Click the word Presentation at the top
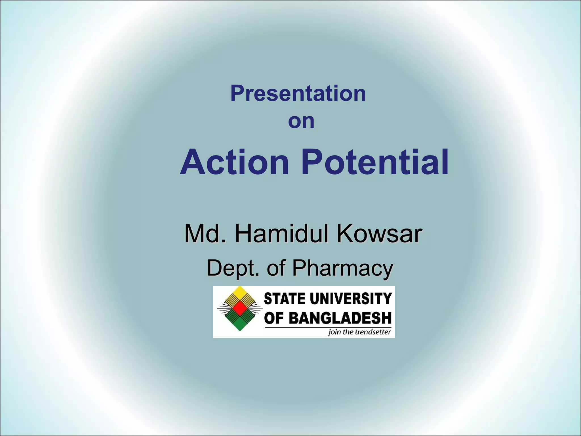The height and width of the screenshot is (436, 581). click(x=298, y=93)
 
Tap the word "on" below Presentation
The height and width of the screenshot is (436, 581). click(x=301, y=121)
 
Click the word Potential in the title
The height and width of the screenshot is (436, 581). click(x=374, y=162)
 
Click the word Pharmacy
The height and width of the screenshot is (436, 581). click(x=342, y=268)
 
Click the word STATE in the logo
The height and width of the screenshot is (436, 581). click(x=284, y=299)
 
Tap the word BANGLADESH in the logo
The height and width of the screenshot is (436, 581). click(x=340, y=318)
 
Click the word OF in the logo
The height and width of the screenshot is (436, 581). click(x=274, y=318)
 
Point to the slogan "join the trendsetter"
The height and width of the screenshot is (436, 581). click(x=359, y=332)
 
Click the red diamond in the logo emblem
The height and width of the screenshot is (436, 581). click(x=240, y=309)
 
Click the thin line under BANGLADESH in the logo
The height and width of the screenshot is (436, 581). click(x=328, y=327)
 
